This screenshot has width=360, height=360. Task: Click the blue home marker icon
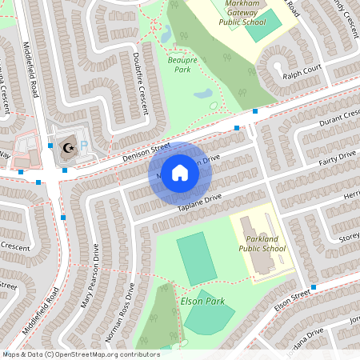click(x=180, y=173)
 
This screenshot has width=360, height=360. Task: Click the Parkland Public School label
click(x=262, y=244)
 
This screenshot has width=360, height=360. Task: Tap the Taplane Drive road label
click(x=198, y=203)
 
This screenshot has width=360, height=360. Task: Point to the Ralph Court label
click(x=301, y=77)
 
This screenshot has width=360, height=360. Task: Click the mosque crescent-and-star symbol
click(x=67, y=147)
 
